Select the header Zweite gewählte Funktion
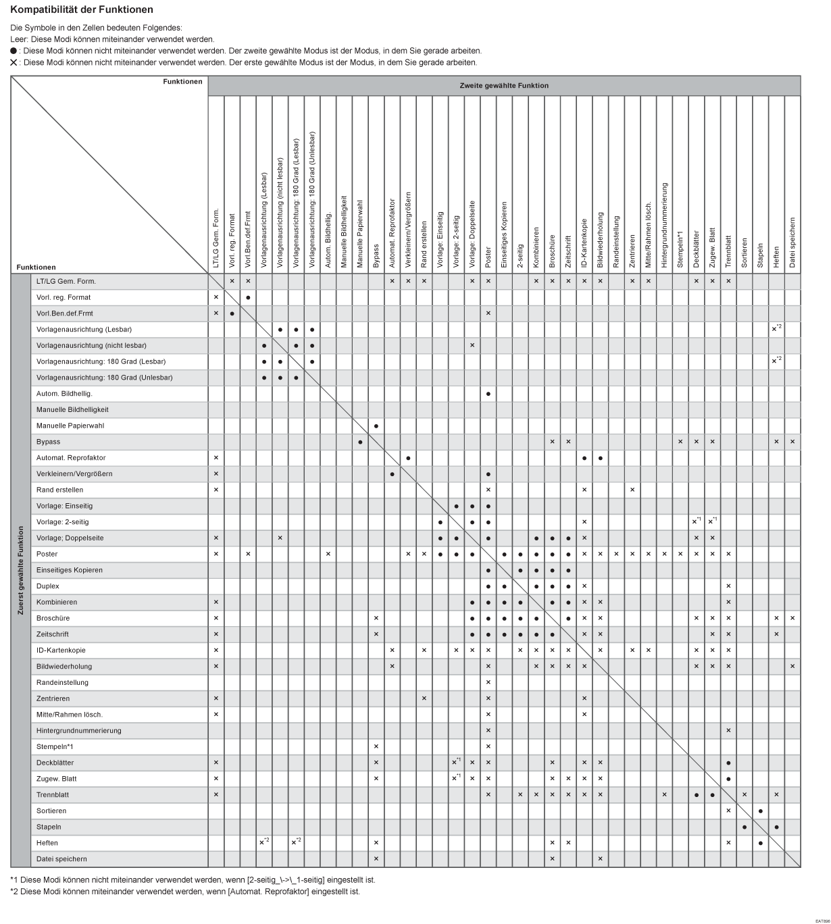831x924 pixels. pos(503,86)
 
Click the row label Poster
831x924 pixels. pos(47,554)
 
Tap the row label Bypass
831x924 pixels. pos(48,442)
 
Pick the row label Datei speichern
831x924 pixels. pos(61,859)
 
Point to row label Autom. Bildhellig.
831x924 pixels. pos(64,394)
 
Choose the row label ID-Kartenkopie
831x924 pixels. pos(61,650)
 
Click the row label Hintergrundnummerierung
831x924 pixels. pos(79,731)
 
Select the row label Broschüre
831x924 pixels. pos(53,618)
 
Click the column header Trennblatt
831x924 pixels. pos(728,251)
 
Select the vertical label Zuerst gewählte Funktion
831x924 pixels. pos(21,570)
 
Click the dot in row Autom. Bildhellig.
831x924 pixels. pos(488,394)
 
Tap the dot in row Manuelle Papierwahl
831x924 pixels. pos(376,426)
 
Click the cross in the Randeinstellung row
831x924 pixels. pos(488,682)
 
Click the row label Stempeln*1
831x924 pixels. pos(55,746)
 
